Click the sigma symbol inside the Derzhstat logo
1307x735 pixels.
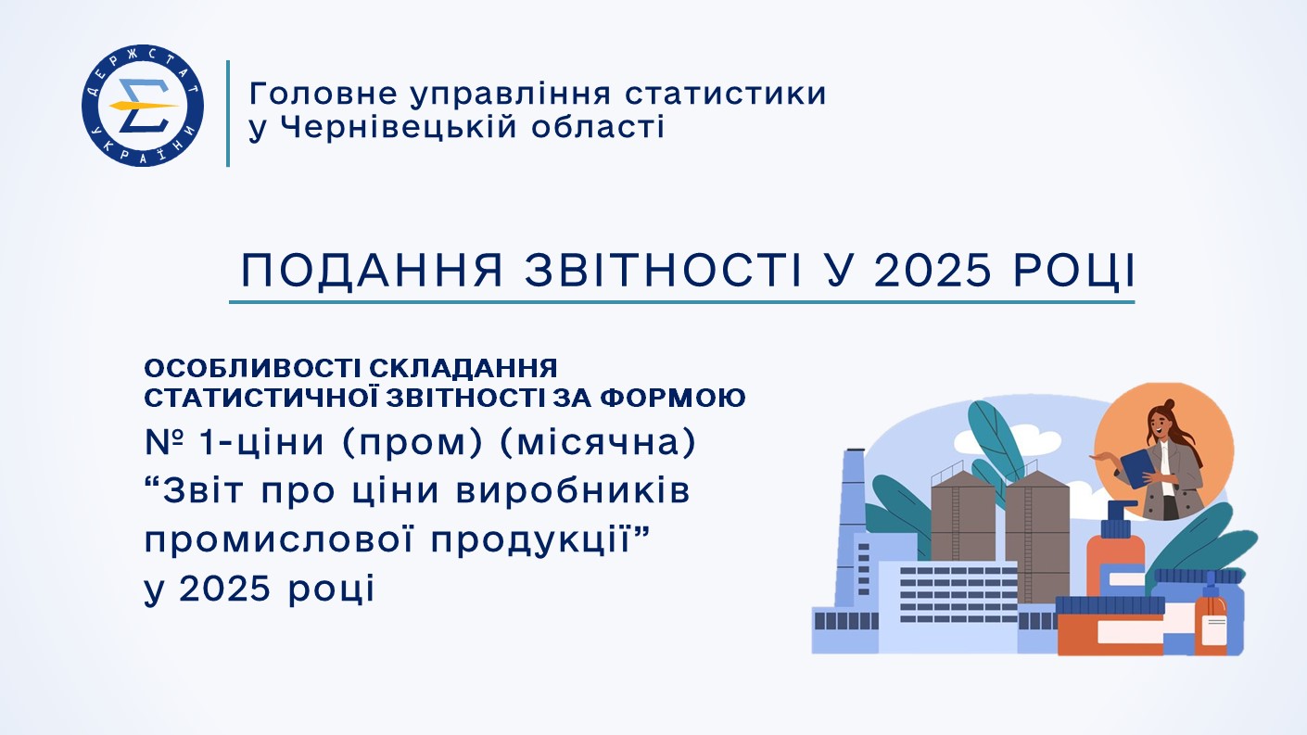coord(143,106)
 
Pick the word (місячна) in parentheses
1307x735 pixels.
coord(598,443)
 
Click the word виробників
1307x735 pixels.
coord(573,492)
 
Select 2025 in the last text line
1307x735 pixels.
coord(224,588)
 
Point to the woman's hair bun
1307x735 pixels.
coord(1168,405)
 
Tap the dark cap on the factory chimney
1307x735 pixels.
coord(856,450)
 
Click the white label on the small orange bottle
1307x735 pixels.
coord(1214,628)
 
